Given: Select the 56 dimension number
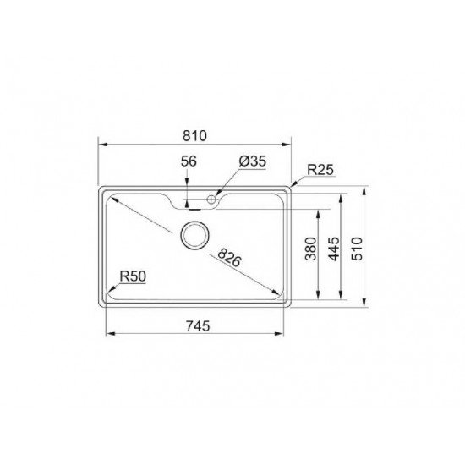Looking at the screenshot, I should click(189, 161).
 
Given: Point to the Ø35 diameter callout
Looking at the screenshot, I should click(253, 161).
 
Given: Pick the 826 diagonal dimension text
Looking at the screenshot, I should click(229, 257).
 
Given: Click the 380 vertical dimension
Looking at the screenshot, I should click(311, 250).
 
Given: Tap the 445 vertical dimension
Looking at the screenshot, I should click(335, 250).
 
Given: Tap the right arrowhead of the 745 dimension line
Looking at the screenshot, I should click(286, 334).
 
